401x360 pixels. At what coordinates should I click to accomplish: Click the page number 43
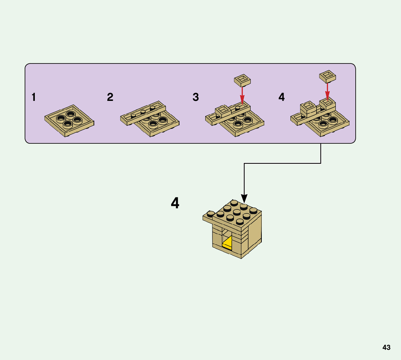386,347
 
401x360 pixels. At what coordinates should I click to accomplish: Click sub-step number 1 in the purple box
34,97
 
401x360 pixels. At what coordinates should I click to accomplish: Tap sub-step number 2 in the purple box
110,97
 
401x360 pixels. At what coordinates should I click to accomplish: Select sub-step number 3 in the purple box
196,97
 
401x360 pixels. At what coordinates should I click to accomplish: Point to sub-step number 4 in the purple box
282,97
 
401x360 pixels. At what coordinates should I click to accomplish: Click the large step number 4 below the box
175,203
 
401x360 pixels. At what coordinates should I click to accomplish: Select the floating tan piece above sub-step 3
243,80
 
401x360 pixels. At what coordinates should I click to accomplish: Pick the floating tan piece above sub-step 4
327,76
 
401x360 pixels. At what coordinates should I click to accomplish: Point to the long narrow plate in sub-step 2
143,113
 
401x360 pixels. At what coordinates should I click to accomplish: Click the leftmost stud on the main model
211,214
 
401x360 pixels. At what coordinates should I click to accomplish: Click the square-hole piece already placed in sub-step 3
223,110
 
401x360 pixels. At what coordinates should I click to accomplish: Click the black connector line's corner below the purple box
321,163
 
